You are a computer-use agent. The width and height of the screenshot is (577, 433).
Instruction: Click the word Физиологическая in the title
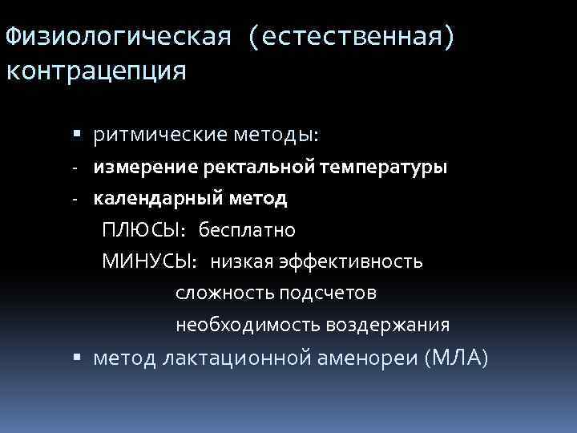(119, 37)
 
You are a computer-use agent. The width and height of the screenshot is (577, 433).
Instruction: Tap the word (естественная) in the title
(350, 37)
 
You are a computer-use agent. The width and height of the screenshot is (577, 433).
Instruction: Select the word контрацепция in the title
(95, 71)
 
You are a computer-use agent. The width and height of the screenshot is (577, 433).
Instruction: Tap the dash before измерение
(73, 168)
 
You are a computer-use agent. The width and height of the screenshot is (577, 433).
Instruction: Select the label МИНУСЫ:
(150, 261)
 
